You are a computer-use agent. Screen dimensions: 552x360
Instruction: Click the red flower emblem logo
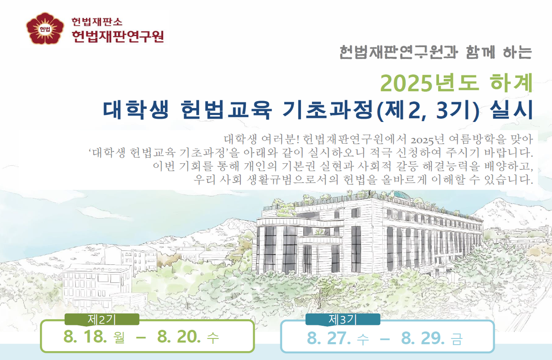45,29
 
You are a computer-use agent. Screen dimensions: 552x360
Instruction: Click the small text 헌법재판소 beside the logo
97,22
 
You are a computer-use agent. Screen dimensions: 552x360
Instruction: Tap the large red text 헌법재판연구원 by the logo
118,36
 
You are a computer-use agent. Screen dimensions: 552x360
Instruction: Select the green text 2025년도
430,83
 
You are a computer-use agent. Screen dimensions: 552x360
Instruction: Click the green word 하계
511,83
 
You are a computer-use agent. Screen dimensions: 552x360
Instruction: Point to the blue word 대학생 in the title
136,110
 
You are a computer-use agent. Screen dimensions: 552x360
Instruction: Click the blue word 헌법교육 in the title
226,110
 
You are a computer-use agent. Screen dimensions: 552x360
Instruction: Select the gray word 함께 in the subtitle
480,52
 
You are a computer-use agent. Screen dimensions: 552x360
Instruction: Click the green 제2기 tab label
102,320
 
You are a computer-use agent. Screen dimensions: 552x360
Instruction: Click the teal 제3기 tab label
343,320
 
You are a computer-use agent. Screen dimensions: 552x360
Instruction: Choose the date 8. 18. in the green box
85,337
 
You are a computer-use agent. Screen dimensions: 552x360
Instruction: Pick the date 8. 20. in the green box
179,337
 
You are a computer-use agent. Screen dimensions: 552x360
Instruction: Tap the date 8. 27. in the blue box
329,338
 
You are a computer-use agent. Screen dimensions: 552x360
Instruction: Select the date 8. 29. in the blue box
423,338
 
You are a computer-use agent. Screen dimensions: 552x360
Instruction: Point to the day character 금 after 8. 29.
457,339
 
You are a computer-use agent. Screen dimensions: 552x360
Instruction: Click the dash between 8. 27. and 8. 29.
385,339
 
